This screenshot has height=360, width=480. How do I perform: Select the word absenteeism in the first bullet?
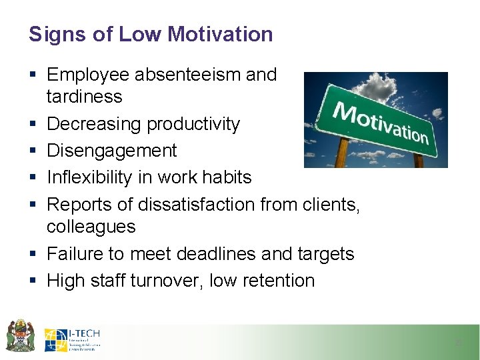click(x=187, y=74)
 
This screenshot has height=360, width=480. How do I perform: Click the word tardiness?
click(x=84, y=97)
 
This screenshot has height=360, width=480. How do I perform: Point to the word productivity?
click(x=193, y=124)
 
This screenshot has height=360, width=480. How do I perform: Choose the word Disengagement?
click(x=112, y=151)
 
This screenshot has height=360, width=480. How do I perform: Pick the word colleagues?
click(x=91, y=227)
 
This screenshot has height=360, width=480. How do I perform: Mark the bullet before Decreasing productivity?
click(x=33, y=125)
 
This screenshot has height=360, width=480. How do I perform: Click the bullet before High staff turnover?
click(x=33, y=281)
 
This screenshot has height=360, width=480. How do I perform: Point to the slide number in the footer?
click(x=457, y=343)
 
